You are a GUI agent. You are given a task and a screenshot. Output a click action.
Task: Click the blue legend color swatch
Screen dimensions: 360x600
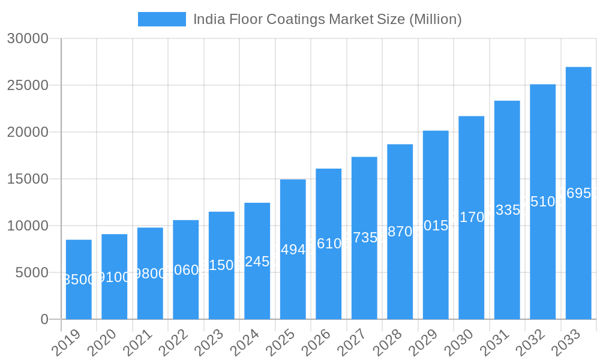161,19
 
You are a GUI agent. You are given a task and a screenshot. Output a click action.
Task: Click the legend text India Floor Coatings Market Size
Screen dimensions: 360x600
327,19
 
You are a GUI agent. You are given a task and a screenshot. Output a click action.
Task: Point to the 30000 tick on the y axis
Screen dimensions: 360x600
28,38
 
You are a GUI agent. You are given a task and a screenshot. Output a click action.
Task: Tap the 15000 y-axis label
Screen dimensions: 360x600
28,179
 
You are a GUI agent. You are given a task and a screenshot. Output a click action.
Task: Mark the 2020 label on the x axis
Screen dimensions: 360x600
101,343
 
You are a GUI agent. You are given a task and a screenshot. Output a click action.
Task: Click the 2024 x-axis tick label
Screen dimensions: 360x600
244,343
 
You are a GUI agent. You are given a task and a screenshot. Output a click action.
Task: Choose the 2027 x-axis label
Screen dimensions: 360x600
352,343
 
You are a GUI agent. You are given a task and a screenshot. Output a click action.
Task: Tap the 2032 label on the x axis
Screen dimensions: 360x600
530,343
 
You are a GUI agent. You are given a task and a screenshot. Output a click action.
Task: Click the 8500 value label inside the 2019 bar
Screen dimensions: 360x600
79,280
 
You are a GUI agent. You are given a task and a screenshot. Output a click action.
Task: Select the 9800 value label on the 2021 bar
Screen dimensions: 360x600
150,274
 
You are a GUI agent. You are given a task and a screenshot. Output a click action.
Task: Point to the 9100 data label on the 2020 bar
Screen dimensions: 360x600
114,277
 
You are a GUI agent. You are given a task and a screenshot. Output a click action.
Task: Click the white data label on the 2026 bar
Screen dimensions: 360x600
329,244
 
